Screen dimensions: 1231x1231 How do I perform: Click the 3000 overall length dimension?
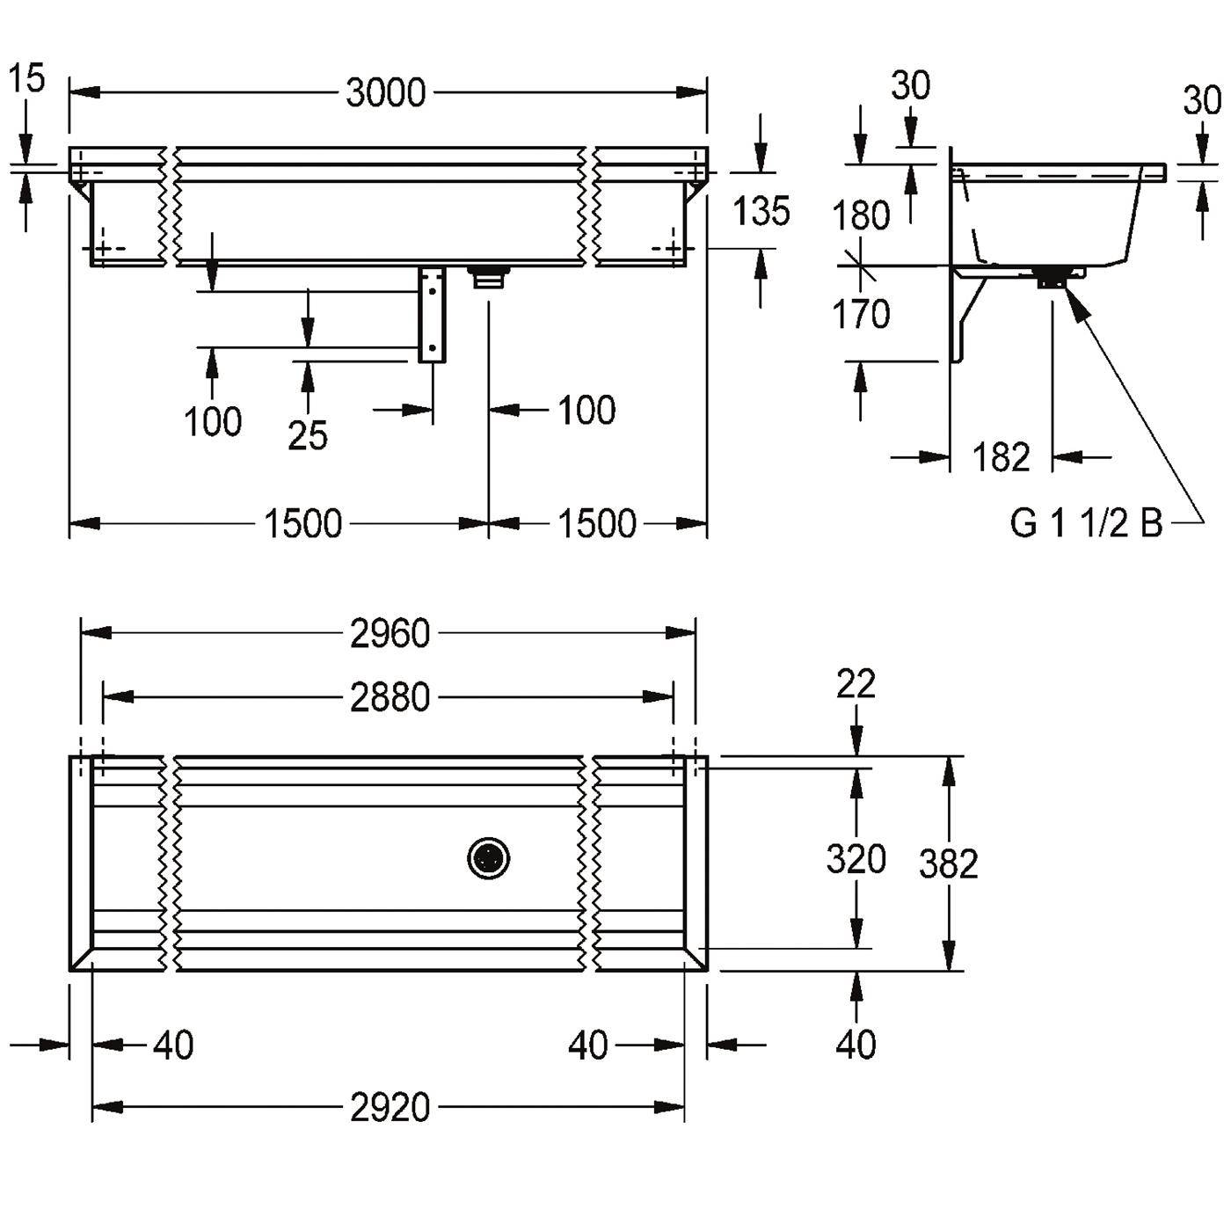[385, 92]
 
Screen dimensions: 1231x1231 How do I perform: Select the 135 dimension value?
[761, 211]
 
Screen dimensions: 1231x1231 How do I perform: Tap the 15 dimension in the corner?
[27, 78]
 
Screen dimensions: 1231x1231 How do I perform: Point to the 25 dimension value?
[307, 435]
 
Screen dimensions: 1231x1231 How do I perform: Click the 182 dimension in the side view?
[1001, 456]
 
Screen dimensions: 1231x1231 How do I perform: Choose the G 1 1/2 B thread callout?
[1086, 523]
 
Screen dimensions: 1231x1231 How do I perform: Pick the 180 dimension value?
[861, 215]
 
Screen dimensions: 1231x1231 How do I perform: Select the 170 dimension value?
[861, 314]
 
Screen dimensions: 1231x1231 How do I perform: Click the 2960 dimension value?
[390, 634]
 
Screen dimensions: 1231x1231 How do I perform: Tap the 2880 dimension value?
[390, 697]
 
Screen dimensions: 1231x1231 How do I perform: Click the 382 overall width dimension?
[949, 863]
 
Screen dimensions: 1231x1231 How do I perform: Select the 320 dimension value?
[856, 858]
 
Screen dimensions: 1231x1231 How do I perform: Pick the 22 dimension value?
[856, 683]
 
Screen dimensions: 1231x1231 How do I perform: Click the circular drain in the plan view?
[489, 858]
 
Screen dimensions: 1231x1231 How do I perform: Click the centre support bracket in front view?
[432, 315]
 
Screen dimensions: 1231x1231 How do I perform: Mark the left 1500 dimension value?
[302, 523]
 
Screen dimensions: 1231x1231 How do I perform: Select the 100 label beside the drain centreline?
[586, 410]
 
